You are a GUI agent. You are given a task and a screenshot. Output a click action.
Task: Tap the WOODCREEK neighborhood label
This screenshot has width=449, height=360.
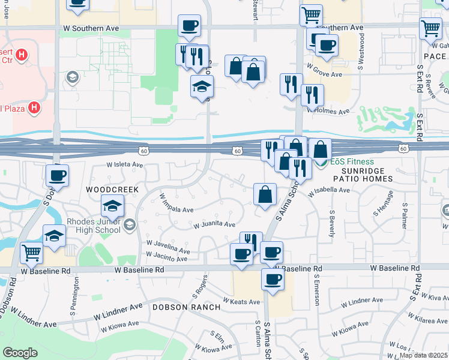click(112, 189)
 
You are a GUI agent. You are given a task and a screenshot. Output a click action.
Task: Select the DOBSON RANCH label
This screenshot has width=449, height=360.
click(187, 307)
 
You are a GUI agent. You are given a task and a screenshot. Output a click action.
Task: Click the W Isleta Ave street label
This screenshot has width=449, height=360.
click(125, 164)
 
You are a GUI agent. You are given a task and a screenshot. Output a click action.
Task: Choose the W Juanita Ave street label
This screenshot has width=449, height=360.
click(214, 225)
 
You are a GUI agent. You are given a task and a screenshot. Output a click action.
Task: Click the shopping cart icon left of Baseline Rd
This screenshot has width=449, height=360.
click(31, 253)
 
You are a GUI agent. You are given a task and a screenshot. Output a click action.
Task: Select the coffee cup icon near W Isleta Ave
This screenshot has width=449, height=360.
click(58, 175)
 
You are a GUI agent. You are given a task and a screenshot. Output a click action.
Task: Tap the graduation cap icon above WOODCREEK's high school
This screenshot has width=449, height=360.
click(112, 206)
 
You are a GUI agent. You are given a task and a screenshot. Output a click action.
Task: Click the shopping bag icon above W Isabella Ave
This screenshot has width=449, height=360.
click(265, 194)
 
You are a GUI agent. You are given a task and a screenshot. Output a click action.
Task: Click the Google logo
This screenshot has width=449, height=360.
click(20, 353)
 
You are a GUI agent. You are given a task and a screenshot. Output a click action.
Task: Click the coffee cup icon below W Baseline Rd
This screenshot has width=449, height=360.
click(273, 280)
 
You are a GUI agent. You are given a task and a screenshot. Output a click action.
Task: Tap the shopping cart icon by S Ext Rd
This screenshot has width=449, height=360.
click(431, 28)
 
